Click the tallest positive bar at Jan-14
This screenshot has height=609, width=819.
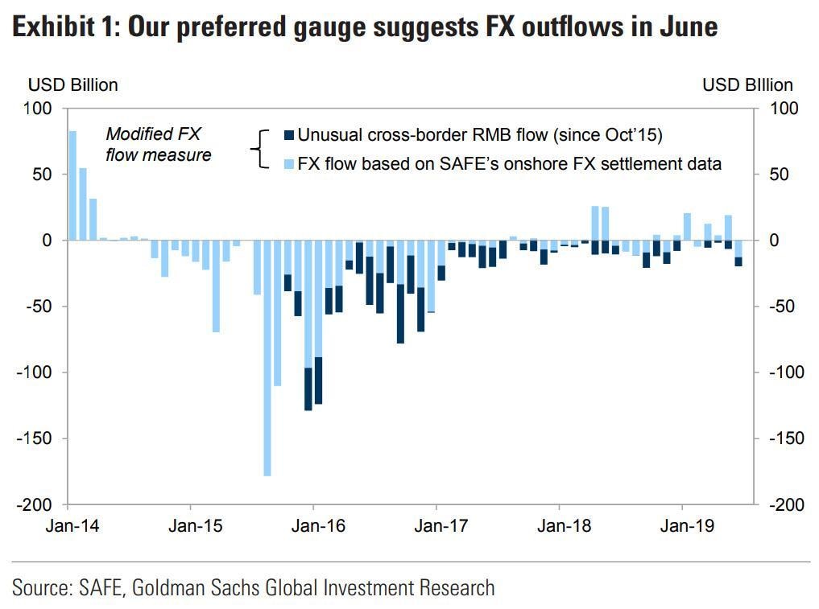click(72, 185)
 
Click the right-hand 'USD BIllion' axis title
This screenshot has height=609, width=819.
click(747, 85)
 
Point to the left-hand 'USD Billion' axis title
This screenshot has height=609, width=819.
click(73, 85)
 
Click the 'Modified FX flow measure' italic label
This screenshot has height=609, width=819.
click(158, 145)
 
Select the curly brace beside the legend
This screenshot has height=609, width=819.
click(259, 149)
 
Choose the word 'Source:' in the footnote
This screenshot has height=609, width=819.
click(42, 587)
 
